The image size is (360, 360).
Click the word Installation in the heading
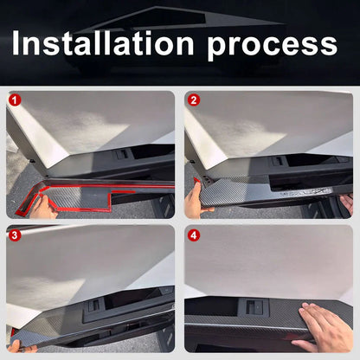[103, 43]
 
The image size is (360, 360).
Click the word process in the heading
[272, 46]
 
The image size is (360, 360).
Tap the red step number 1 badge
[15, 100]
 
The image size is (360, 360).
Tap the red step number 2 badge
[194, 100]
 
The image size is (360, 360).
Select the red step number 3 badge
[15, 235]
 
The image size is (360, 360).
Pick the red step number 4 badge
[194, 235]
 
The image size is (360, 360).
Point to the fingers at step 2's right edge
[347, 203]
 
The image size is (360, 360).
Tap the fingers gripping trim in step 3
[19, 347]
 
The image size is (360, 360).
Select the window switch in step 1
[122, 154]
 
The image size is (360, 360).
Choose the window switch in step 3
[93, 305]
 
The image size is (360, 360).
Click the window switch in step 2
[279, 161]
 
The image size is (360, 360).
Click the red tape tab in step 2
[197, 181]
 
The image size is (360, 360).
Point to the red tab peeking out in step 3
[13, 332]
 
